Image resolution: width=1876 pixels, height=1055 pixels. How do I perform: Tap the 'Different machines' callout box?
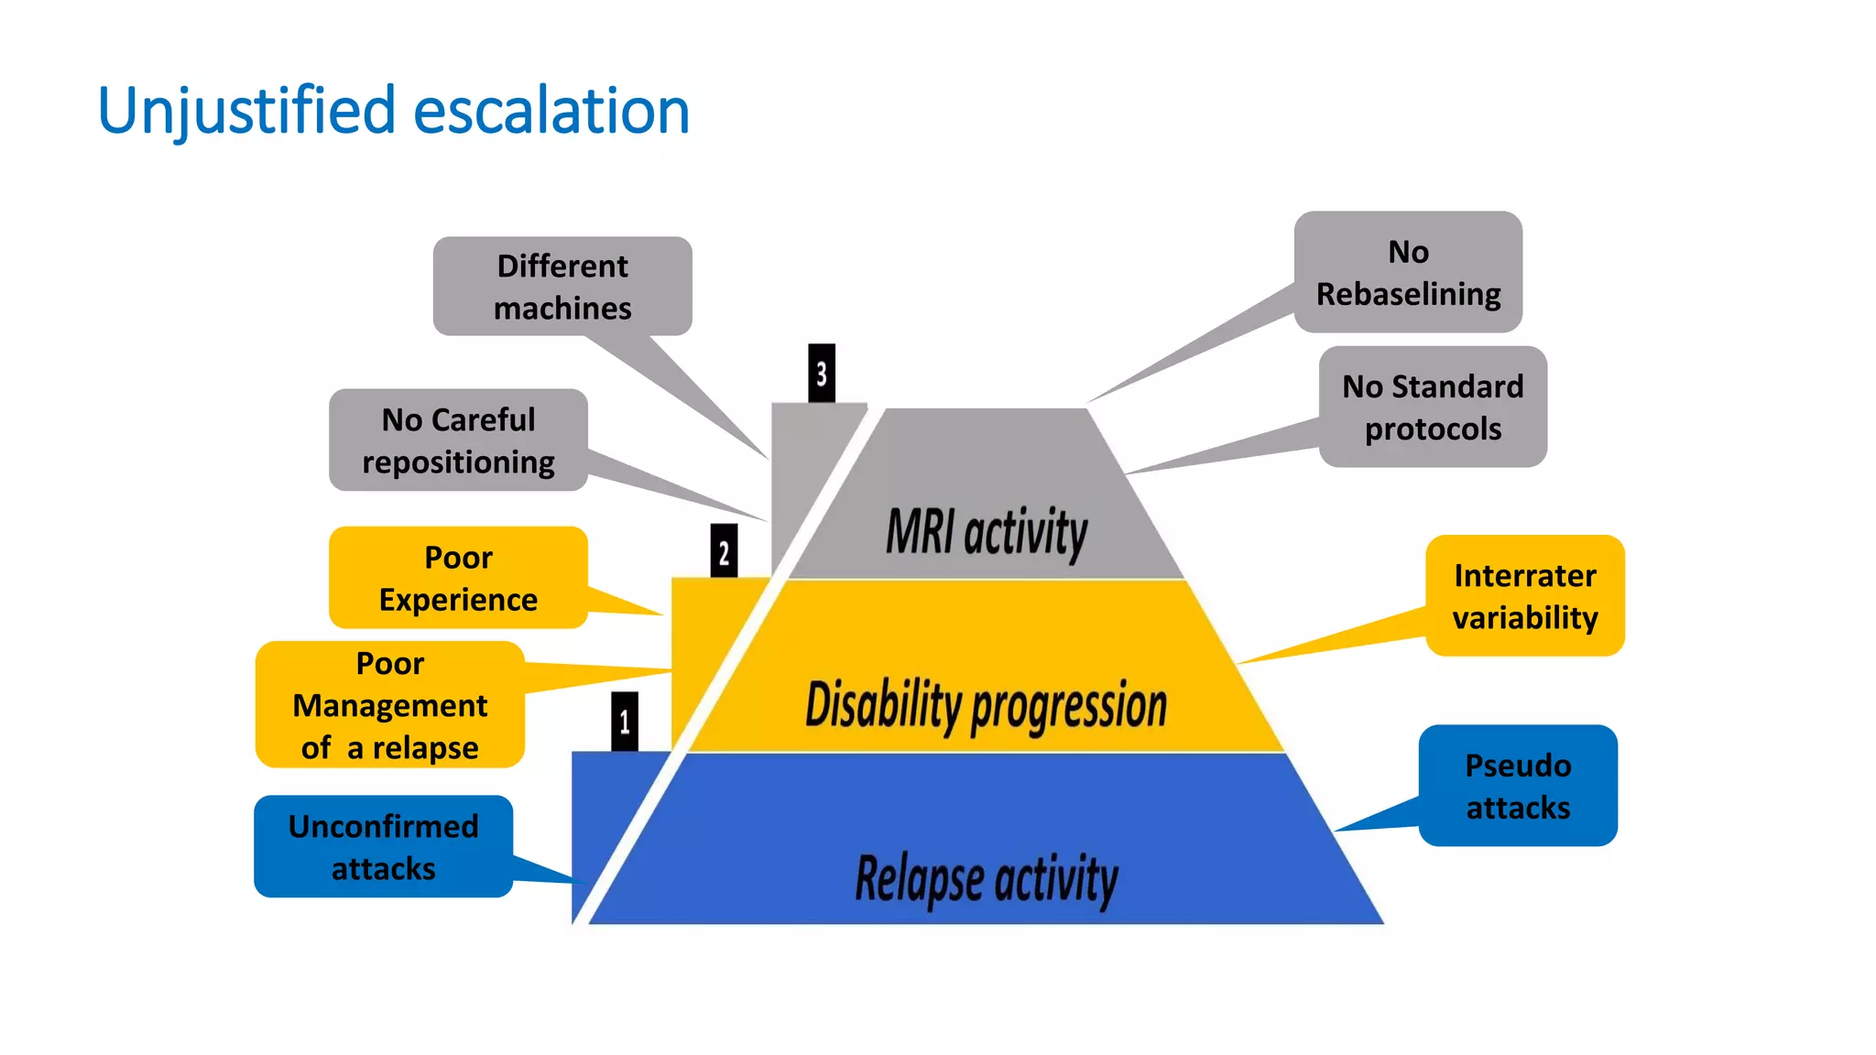tap(562, 287)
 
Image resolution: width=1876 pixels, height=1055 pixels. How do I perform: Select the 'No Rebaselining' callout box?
tap(1408, 272)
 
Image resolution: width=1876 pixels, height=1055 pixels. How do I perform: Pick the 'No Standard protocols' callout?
tap(1433, 407)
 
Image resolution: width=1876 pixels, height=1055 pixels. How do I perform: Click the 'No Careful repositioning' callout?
tap(458, 440)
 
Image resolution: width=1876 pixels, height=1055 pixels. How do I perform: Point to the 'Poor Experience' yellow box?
tap(458, 578)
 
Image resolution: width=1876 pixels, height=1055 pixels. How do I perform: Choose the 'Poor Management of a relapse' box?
tap(390, 704)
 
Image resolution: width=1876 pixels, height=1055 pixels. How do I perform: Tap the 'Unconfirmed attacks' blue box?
tap(383, 846)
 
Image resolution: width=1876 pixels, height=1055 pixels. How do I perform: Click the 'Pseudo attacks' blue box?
tap(1518, 786)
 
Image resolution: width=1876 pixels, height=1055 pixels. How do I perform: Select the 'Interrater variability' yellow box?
tap(1525, 595)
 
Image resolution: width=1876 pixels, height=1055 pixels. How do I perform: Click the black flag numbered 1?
tap(625, 722)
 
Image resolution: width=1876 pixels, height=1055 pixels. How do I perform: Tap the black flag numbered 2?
tap(724, 551)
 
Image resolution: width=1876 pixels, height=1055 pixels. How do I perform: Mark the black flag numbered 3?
tap(822, 373)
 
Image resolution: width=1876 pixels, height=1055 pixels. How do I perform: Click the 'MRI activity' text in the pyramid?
tap(987, 532)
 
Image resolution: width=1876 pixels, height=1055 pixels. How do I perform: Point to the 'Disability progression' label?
tap(986, 705)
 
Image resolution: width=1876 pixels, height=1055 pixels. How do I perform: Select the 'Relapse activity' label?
tap(987, 878)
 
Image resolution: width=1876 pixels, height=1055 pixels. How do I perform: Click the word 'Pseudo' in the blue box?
tap(1518, 766)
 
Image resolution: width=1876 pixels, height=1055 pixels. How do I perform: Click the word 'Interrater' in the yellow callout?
tap(1525, 575)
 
